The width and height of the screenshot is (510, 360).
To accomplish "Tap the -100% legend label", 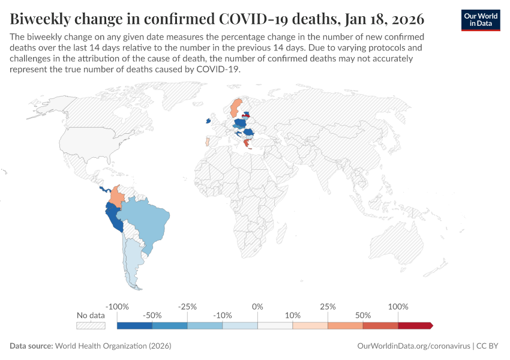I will [x=117, y=307].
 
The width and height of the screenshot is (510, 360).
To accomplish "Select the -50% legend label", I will [x=152, y=315].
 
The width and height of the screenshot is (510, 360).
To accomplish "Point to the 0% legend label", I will [x=257, y=307].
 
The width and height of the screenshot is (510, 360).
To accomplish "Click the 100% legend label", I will [x=398, y=307].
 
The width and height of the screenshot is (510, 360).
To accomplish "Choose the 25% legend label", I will [x=328, y=307].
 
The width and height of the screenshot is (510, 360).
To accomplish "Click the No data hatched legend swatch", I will [x=91, y=325].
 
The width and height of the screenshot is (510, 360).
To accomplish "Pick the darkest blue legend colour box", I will [x=134, y=325].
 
